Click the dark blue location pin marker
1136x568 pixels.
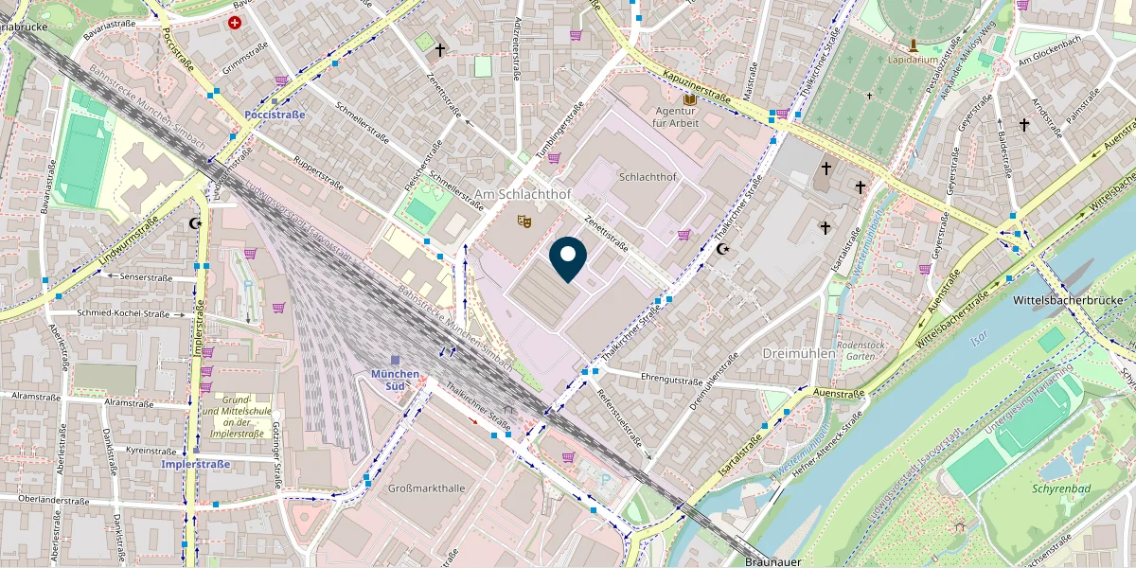(568, 260)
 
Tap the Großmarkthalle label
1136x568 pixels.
(427, 488)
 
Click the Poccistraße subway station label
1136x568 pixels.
(275, 115)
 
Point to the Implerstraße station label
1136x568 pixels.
(196, 465)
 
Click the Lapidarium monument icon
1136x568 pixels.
(913, 44)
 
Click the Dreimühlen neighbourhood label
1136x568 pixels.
(799, 353)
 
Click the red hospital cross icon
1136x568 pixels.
(235, 23)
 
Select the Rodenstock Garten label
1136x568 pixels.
(861, 350)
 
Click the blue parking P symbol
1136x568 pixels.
(606, 481)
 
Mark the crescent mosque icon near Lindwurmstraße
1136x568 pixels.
(196, 224)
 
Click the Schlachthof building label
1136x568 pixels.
(647, 177)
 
